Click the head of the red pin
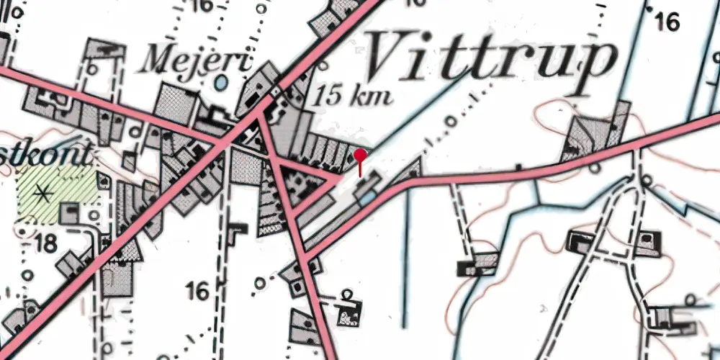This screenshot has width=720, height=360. [x=361, y=154]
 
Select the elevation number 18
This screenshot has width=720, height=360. [x=45, y=243]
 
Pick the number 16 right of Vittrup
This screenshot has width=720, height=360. [x=667, y=22]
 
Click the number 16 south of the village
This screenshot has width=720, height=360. [x=197, y=292]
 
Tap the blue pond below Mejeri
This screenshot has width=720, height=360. [x=221, y=84]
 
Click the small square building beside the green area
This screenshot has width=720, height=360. [x=69, y=213]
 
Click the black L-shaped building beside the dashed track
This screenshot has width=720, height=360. [x=236, y=230]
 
